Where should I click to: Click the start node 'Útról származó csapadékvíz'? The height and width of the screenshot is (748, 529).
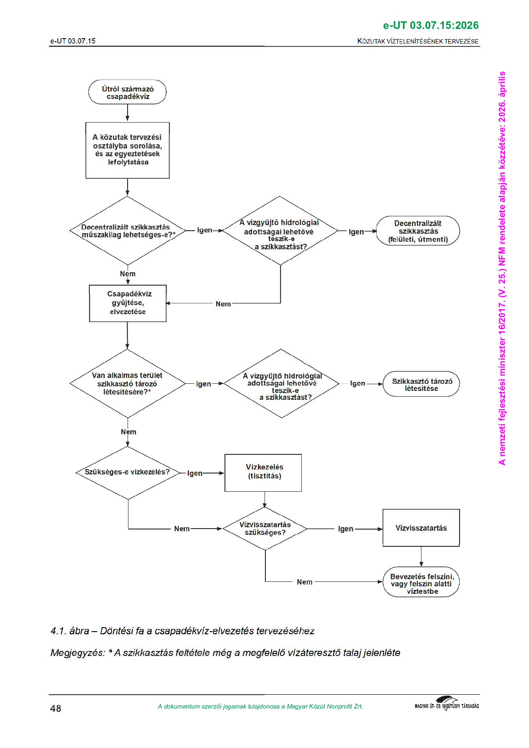pos(128,92)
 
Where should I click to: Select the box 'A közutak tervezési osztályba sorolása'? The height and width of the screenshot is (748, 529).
pos(128,150)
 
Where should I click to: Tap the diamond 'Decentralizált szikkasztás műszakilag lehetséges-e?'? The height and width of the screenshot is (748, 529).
pos(128,231)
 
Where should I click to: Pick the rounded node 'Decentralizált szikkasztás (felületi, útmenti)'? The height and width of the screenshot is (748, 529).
pos(418,231)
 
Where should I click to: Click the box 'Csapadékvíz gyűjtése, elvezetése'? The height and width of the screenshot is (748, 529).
pos(128,303)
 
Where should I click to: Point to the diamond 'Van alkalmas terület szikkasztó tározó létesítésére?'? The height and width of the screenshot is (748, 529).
pos(128,383)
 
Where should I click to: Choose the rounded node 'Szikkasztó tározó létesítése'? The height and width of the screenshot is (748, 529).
pos(421,384)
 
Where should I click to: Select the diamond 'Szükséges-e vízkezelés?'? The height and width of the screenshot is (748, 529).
pos(128,472)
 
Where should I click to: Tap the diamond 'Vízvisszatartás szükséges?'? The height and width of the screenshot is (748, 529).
pos(265,529)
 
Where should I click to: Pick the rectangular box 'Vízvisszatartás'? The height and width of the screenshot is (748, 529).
pos(421,528)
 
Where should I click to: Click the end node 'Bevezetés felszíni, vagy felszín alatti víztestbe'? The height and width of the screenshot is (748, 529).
pos(421,583)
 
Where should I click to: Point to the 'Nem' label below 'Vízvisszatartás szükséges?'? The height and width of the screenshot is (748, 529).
pos(305,582)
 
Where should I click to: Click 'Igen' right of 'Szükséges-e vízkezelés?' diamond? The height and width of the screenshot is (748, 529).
pos(195,473)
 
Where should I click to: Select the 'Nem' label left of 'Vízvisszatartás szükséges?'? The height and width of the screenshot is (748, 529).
pos(182,529)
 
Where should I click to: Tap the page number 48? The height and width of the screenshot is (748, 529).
pos(56,708)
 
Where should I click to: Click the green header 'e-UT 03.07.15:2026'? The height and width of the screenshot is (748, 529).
pos(431,25)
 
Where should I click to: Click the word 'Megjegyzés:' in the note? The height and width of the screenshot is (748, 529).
pos(78,653)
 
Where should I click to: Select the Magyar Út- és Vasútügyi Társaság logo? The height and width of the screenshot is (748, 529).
pos(447,704)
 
